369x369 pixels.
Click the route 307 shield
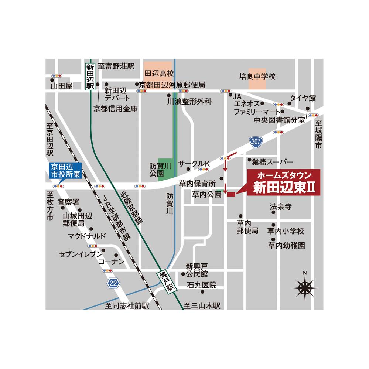tap(255, 142)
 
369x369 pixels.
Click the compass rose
tap(305, 286)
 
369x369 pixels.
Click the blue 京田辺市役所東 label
tap(65, 171)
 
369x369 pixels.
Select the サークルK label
tap(194, 163)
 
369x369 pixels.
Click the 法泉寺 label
tap(281, 206)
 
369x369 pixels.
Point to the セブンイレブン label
tap(80, 254)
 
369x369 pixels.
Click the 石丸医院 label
tap(202, 285)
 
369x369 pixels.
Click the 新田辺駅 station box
tap(90, 76)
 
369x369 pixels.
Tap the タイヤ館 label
tap(303, 98)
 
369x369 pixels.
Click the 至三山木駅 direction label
tap(202, 305)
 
